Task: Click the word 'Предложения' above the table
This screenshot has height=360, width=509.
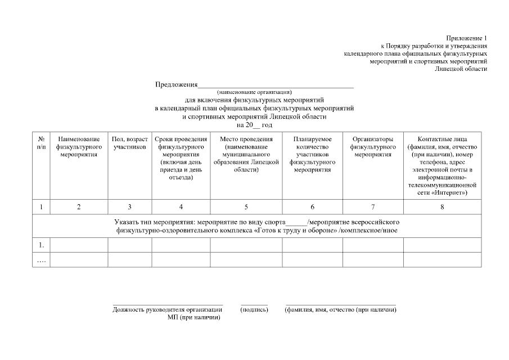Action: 177,85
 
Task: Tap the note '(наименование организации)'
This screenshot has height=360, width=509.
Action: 255,92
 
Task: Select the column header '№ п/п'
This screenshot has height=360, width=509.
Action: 42,143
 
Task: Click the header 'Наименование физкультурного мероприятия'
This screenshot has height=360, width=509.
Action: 79,146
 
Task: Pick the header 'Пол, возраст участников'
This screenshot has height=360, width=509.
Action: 130,143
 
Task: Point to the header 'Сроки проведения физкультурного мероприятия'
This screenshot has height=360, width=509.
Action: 181,158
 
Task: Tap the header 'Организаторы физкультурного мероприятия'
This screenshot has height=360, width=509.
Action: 373,146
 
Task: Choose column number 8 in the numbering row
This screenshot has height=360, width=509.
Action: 442,208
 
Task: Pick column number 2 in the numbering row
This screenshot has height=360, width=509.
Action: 79,208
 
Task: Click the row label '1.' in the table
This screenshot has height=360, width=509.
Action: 41,245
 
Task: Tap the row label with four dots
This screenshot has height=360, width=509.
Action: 42,260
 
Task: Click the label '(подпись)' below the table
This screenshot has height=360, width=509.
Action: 254,309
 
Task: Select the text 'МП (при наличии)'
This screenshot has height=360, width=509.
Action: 193,317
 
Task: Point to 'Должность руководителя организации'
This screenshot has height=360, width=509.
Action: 167,309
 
